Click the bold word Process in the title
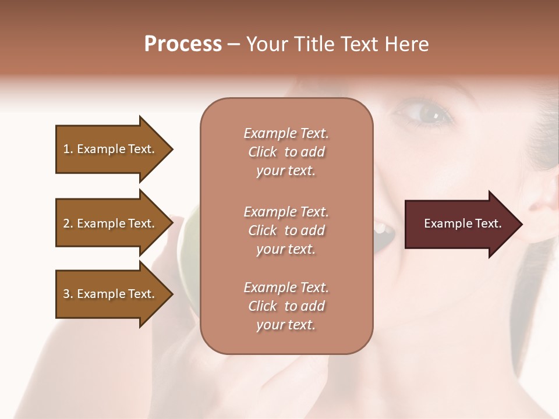[183, 44]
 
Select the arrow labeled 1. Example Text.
[111, 149]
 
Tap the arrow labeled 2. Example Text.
[111, 223]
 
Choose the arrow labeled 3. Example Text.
[111, 294]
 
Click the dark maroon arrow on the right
[460, 224]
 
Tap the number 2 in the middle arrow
[66, 223]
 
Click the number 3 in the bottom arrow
[66, 294]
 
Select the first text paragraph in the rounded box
[286, 152]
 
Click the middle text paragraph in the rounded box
[286, 230]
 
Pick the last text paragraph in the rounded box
[286, 306]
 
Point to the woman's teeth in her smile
[381, 228]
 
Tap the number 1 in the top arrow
[66, 149]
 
